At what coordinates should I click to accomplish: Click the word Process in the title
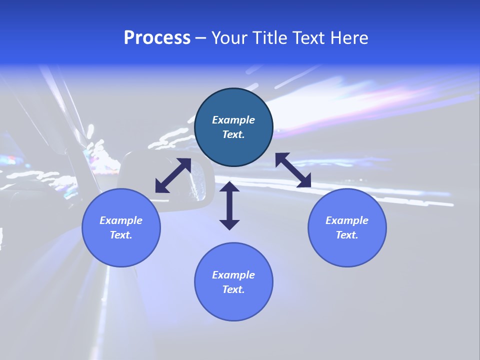pyautogui.click(x=157, y=38)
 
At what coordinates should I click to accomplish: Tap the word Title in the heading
pyautogui.click(x=269, y=38)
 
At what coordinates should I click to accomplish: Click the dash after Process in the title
pyautogui.click(x=201, y=38)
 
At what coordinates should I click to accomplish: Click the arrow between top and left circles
pyautogui.click(x=173, y=175)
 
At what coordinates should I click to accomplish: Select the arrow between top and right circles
pyautogui.click(x=293, y=170)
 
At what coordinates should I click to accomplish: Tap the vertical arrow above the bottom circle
pyautogui.click(x=229, y=205)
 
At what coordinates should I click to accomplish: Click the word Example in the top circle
pyautogui.click(x=233, y=120)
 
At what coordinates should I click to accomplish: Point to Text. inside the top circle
pyautogui.click(x=233, y=134)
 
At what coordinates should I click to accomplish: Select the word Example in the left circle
pyautogui.click(x=121, y=220)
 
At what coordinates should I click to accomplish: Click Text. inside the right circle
pyautogui.click(x=347, y=235)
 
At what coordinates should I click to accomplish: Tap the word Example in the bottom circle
pyautogui.click(x=233, y=275)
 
